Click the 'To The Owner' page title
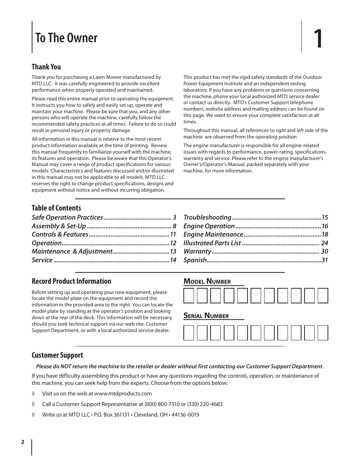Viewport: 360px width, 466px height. point(66,38)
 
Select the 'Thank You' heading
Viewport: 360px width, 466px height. point(46,67)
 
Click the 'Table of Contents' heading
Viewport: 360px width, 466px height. point(56,208)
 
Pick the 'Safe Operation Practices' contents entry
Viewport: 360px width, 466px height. point(67,217)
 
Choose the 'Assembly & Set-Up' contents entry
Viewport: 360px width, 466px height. point(59,226)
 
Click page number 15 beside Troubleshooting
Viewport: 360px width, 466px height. point(325,217)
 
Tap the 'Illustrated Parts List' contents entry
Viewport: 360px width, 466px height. point(212,243)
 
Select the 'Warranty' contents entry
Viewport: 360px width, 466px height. point(197,251)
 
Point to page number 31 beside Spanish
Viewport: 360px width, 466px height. point(325,260)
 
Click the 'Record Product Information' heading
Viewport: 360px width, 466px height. point(71,281)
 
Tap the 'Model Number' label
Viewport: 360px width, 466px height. point(207,281)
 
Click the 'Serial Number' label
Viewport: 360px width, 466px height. point(206,316)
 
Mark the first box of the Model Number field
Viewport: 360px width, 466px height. point(189,295)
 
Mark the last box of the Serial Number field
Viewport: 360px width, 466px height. point(323,333)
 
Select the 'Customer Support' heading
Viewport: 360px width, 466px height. point(57,355)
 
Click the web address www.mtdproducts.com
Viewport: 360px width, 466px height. point(123,394)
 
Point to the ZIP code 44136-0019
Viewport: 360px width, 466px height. point(185,415)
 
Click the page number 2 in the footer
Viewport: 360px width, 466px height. point(23,442)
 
